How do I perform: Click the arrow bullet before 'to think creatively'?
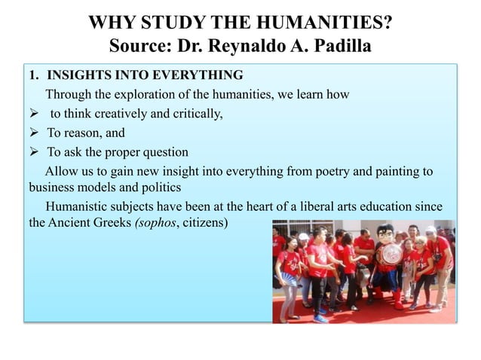(x=33, y=114)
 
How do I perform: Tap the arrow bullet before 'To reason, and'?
(x=33, y=133)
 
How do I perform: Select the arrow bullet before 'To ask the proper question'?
(x=33, y=152)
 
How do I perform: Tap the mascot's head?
(x=385, y=232)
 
